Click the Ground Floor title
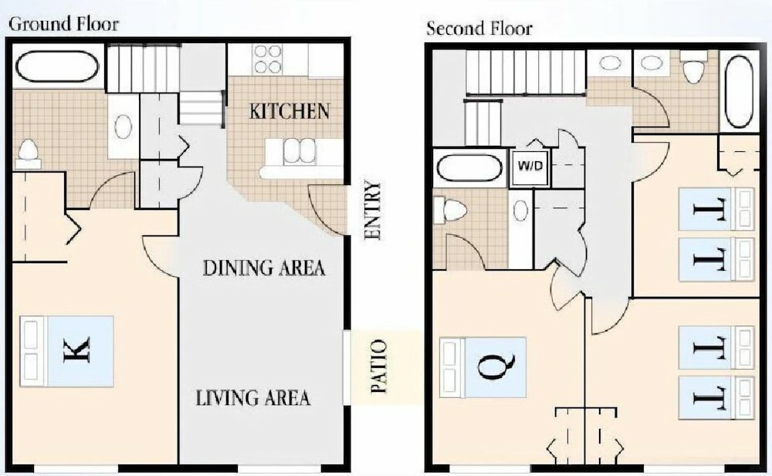pos(63,24)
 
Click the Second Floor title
pos(479,29)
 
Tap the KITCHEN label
pos(289,111)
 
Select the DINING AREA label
pos(263,268)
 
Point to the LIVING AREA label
pos(253,398)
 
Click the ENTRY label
pos(373,211)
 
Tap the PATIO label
pos(378,366)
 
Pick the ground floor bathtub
pos(56,66)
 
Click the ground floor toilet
pos(29,153)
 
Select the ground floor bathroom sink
pos(123,127)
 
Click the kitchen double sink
pos(300,151)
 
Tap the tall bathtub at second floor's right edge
pos(739,91)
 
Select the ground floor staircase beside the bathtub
pos(143,69)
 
